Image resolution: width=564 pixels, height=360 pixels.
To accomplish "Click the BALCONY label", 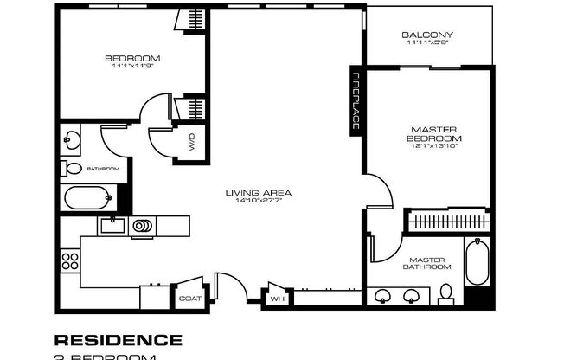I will click(427, 35).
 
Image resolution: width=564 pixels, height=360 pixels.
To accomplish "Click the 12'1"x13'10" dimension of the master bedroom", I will click(433, 146).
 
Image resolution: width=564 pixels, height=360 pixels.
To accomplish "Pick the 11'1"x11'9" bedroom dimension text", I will click(132, 67).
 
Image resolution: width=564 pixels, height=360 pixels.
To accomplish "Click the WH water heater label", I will click(278, 299).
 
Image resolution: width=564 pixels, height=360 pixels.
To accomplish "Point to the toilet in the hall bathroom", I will click(73, 169).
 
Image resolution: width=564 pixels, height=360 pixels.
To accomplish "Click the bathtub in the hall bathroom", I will click(87, 199).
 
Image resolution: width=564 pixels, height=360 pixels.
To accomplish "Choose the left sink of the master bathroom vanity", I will click(384, 297).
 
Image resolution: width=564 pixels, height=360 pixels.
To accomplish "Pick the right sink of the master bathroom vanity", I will click(413, 297).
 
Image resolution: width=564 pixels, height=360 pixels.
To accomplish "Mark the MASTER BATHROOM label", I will click(426, 262).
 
